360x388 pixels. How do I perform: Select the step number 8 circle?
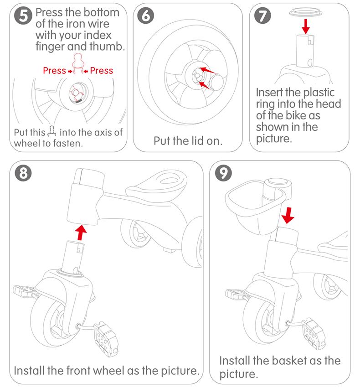click(x=23, y=173)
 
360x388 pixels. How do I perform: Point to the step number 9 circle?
click(x=223, y=173)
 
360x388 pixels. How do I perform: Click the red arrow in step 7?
click(x=305, y=26)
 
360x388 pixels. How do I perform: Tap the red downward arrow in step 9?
click(x=287, y=214)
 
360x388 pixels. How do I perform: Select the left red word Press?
click(x=54, y=71)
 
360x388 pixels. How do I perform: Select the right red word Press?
click(x=102, y=71)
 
